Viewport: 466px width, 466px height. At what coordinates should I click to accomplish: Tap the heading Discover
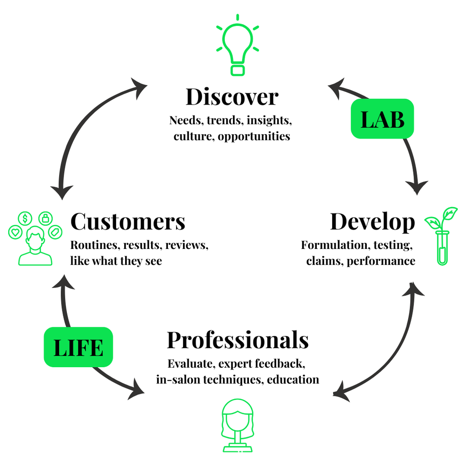232,97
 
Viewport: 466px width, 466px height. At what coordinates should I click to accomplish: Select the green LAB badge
382,119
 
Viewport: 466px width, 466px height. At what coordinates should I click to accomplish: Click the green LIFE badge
78,347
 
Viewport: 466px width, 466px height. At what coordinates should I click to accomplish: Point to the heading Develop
372,222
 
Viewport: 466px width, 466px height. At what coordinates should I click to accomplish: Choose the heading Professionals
238,340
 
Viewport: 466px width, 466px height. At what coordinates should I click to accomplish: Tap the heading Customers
128,222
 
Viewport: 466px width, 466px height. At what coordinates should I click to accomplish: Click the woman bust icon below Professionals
238,425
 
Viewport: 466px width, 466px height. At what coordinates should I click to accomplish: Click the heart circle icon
15,233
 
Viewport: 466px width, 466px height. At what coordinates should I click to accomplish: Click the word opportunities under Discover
254,137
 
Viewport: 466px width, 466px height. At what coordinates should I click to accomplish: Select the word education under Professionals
293,380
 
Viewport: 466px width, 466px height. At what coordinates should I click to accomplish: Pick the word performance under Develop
381,261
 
